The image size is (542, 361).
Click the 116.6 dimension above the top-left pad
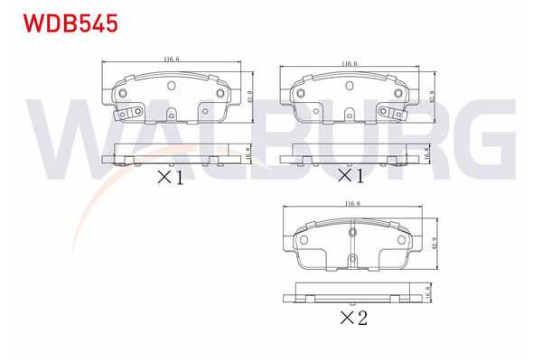[170, 60]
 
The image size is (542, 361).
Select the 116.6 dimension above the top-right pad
[350, 64]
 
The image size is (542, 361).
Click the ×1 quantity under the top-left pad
[170, 178]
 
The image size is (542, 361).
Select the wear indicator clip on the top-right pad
[393, 114]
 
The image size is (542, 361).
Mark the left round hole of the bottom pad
[304, 241]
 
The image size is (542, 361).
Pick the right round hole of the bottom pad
[401, 241]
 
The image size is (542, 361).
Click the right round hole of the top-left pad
[218, 94]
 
